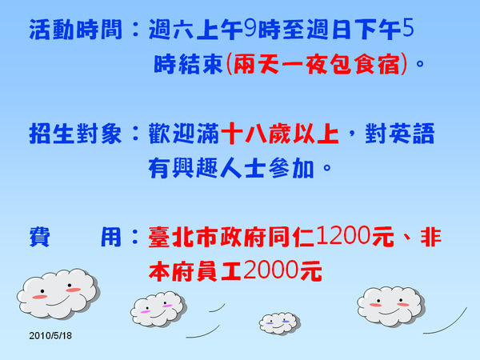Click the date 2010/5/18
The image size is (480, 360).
click(x=50, y=335)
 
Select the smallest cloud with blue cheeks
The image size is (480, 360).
click(x=279, y=323)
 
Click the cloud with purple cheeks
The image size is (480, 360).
click(x=158, y=309)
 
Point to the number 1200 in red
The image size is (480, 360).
click(x=343, y=235)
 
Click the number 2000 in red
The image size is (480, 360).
click(x=270, y=270)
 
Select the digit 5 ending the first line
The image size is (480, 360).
click(x=408, y=28)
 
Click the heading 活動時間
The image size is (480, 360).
click(x=76, y=30)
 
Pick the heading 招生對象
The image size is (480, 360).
click(x=76, y=134)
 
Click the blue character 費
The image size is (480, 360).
click(x=39, y=237)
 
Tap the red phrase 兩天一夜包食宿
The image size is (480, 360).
click(x=317, y=64)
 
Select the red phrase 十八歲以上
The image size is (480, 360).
click(x=280, y=134)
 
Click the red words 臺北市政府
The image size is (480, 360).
click(x=207, y=237)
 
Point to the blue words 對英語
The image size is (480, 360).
click(x=400, y=134)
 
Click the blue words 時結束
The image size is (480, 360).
click(x=188, y=64)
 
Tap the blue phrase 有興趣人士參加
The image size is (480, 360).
click(x=231, y=168)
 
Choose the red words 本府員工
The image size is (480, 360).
click(x=195, y=271)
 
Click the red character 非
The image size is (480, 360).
click(x=431, y=237)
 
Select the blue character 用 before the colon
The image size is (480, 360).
click(x=111, y=237)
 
